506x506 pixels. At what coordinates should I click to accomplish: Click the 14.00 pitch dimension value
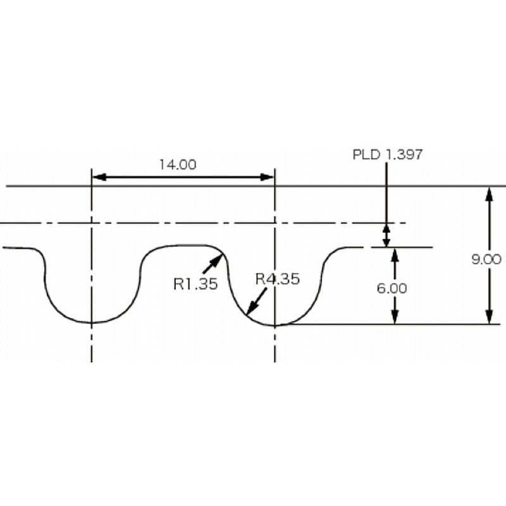pos(177,165)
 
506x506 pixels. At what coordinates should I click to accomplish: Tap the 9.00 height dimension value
pos(486,259)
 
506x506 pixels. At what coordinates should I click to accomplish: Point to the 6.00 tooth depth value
pos(392,288)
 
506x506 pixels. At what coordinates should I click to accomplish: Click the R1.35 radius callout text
pos(195,284)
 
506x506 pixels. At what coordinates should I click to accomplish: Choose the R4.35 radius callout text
pos(277,278)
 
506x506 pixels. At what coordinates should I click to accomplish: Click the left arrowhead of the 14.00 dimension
pos(99,178)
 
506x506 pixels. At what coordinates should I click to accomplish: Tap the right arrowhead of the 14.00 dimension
pos(268,178)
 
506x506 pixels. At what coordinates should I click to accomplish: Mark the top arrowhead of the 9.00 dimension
pos(488,194)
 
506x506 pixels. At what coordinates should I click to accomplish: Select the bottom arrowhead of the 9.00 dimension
pos(488,318)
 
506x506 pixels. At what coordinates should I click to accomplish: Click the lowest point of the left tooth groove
pos(92,323)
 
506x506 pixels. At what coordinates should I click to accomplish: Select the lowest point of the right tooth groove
pos(275,325)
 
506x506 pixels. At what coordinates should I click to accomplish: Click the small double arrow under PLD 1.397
pos(386,235)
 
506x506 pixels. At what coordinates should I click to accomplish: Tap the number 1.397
pos(403,154)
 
